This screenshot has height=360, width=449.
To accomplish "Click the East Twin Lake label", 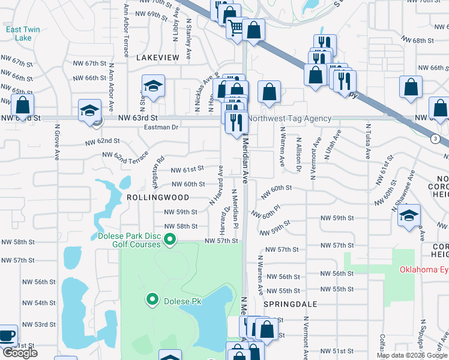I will [19, 34].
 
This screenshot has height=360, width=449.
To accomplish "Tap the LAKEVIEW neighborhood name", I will [158, 58].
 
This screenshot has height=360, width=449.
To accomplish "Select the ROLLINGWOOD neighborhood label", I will [158, 197].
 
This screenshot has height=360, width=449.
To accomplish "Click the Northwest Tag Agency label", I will [289, 119].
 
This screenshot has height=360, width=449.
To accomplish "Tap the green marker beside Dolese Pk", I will [152, 298].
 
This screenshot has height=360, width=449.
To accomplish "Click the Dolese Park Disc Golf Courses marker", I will [170, 240].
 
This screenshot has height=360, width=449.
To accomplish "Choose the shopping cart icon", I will [235, 27].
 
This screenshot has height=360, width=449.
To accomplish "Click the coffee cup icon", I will [8, 336].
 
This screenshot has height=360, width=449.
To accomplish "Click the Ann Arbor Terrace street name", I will [126, 30].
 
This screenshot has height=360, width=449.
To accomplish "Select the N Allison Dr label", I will [298, 155].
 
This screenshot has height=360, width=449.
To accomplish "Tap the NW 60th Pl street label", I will [266, 211].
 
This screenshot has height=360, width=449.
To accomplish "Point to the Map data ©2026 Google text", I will [411, 355].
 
